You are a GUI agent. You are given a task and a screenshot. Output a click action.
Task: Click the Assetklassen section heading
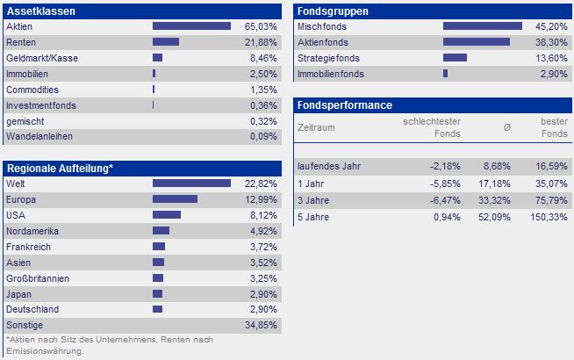pyautogui.click(x=41, y=11)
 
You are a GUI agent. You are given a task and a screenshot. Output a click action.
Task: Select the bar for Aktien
pyautogui.click(x=191, y=26)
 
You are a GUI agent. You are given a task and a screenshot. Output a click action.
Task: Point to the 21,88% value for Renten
pyautogui.click(x=261, y=42)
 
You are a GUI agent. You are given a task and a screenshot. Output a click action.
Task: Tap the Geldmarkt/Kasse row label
pyautogui.click(x=42, y=58)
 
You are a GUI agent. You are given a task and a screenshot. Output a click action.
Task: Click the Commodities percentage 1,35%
pyautogui.click(x=263, y=90)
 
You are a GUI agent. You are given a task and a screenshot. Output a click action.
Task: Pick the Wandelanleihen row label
pyautogui.click(x=39, y=137)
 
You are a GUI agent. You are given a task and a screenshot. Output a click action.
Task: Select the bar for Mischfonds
pyautogui.click(x=483, y=26)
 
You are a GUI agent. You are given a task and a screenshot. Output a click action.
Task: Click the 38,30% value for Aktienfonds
pyautogui.click(x=551, y=42)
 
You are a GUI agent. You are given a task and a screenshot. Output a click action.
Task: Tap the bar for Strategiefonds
pyautogui.click(x=455, y=57)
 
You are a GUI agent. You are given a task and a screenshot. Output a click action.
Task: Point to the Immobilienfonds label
pyautogui.click(x=331, y=74)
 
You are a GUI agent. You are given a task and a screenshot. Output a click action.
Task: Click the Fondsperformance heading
pyautogui.click(x=344, y=105)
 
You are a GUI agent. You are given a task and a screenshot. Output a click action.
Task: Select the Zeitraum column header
pyautogui.click(x=316, y=128)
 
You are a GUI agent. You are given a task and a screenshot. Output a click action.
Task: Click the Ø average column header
pyautogui.click(x=507, y=128)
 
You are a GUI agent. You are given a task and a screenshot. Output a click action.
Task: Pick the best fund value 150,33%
pyautogui.click(x=549, y=217)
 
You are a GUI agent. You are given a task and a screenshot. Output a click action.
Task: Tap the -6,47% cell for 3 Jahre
pyautogui.click(x=445, y=200)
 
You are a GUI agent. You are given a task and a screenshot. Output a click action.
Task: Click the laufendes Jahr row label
pyautogui.click(x=329, y=166)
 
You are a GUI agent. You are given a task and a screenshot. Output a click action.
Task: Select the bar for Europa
pyautogui.click(x=175, y=198)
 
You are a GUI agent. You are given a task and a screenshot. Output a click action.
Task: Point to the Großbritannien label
pyautogui.click(x=38, y=278)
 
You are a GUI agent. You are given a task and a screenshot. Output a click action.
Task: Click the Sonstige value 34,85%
pyautogui.click(x=261, y=325)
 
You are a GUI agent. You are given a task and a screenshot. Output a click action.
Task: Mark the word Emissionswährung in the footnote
pyautogui.click(x=45, y=351)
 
